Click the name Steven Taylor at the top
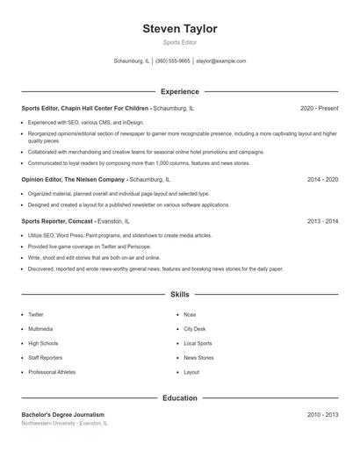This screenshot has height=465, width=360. pyautogui.click(x=180, y=29)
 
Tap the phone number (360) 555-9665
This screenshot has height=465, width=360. pyautogui.click(x=173, y=61)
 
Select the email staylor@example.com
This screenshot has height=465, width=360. pyautogui.click(x=220, y=61)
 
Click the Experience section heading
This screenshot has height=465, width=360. pyautogui.click(x=180, y=91)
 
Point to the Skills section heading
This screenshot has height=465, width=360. pyautogui.click(x=180, y=295)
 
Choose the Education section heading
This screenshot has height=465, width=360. pyautogui.click(x=180, y=398)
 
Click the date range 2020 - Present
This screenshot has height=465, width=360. pyautogui.click(x=319, y=108)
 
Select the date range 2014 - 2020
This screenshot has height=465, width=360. pyautogui.click(x=322, y=179)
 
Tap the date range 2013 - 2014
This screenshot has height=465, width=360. pyautogui.click(x=322, y=222)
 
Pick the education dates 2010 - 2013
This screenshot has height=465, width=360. pyautogui.click(x=322, y=414)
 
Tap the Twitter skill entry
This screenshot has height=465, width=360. pyautogui.click(x=36, y=314)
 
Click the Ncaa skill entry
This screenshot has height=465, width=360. pyautogui.click(x=190, y=314)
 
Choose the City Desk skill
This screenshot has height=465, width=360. pyautogui.click(x=195, y=329)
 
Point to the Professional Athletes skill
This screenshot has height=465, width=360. pyautogui.click(x=52, y=372)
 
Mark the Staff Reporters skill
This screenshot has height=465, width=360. pyautogui.click(x=45, y=358)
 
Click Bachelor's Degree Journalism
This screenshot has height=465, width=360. pyautogui.click(x=62, y=414)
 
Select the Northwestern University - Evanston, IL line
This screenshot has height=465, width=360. pyautogui.click(x=64, y=423)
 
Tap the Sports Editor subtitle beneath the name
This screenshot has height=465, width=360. pyautogui.click(x=180, y=42)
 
